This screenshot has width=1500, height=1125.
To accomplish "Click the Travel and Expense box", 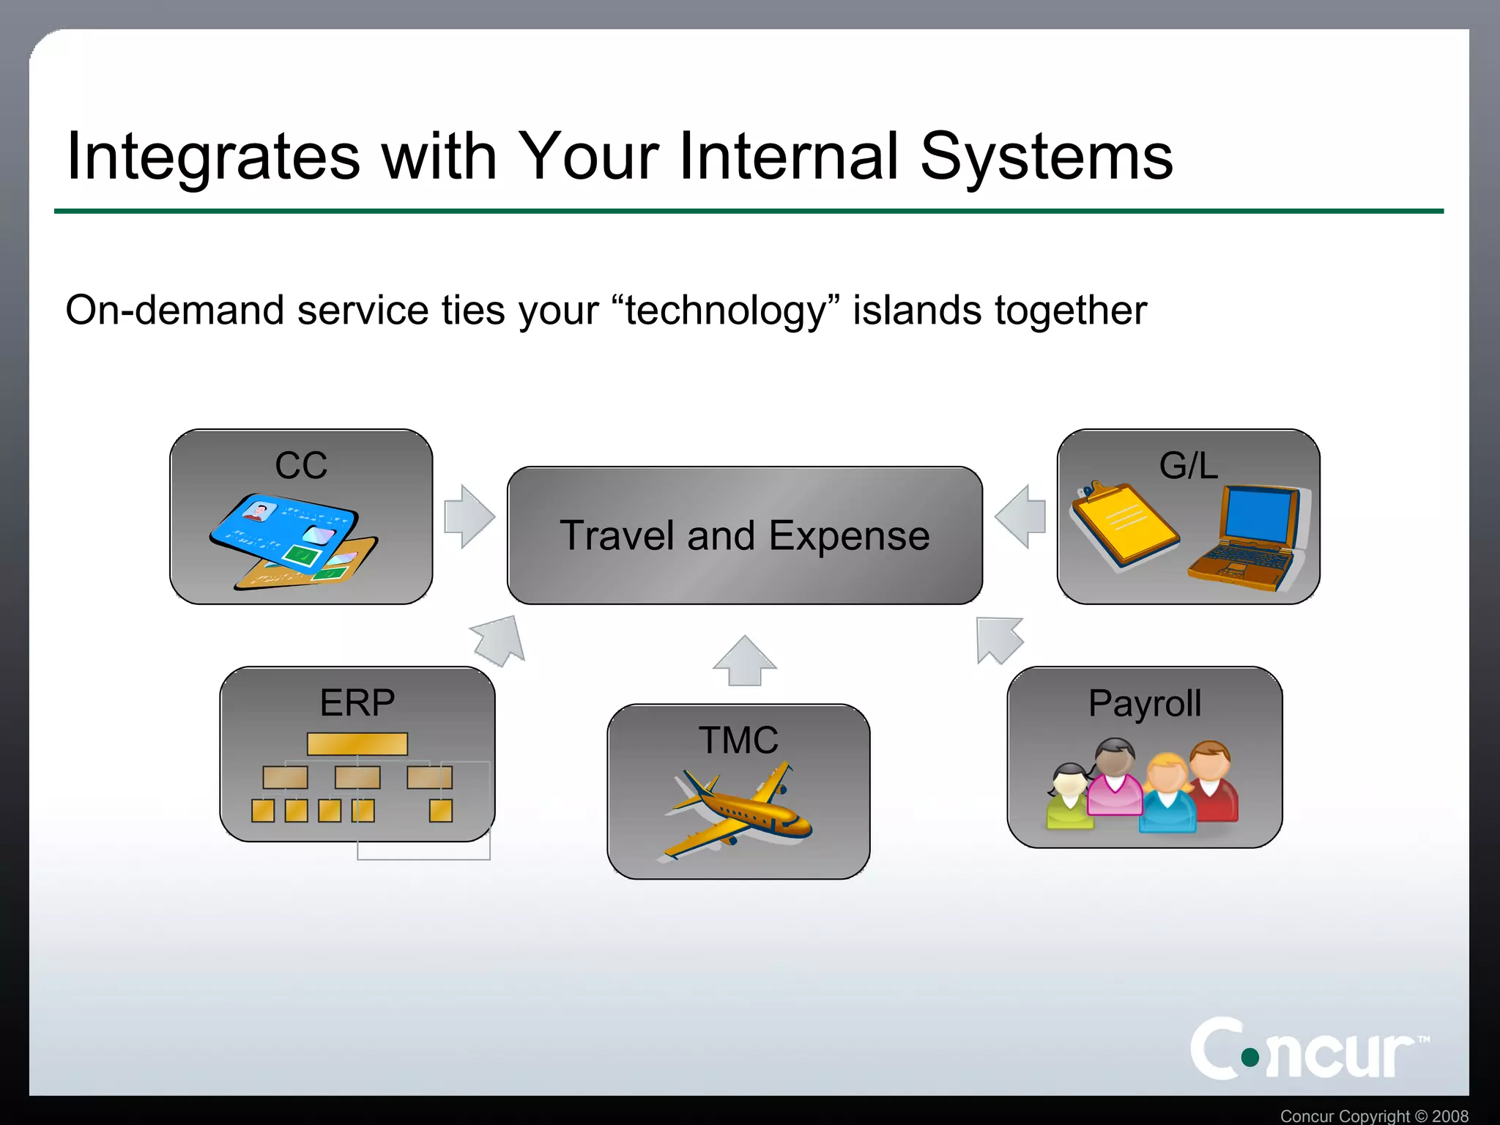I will click(744, 535).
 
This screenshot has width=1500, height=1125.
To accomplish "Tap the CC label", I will click(301, 465).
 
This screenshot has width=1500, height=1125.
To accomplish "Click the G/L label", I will click(1188, 465).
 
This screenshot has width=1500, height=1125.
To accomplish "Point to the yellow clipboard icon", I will click(1124, 524).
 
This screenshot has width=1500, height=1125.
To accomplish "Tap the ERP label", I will click(357, 702).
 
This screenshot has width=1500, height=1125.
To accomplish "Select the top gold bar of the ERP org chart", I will click(357, 743).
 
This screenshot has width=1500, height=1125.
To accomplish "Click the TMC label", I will click(738, 740).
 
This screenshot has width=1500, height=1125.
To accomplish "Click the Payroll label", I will click(1145, 703).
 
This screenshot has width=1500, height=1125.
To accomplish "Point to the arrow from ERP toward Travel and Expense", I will click(500, 639).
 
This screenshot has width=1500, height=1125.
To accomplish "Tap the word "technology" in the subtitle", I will click(725, 311).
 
